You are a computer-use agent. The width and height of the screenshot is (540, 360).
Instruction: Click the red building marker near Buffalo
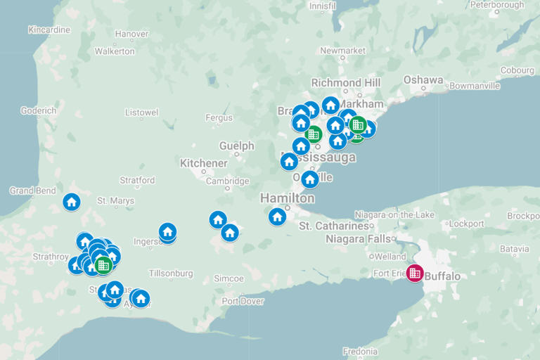(415, 272)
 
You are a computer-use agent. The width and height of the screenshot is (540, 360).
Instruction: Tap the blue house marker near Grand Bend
(71, 202)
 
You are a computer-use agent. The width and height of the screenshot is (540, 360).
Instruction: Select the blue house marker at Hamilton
(277, 216)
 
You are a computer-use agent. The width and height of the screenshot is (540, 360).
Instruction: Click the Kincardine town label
(49, 30)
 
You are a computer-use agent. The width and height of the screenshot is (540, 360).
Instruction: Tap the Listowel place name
(141, 112)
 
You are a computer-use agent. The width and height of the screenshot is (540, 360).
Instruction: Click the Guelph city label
(236, 146)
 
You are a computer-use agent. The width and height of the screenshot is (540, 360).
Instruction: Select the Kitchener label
(204, 163)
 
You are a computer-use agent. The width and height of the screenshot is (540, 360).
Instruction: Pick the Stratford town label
(137, 180)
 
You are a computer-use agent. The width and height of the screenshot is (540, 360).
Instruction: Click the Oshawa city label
(423, 79)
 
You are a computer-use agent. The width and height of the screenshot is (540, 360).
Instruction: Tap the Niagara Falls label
(359, 239)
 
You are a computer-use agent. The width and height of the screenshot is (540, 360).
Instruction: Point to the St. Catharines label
(334, 226)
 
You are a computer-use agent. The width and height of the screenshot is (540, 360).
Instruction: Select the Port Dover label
(243, 301)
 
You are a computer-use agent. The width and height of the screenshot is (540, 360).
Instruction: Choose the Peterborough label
(496, 5)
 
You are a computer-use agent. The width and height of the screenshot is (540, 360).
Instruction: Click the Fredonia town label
(360, 351)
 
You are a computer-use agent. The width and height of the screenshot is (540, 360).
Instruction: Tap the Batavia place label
(514, 249)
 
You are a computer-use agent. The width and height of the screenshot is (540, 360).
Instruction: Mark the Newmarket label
(342, 51)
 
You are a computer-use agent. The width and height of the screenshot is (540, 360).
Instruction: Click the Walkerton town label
(115, 51)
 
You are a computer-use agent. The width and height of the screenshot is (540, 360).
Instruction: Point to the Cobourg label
(517, 70)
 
